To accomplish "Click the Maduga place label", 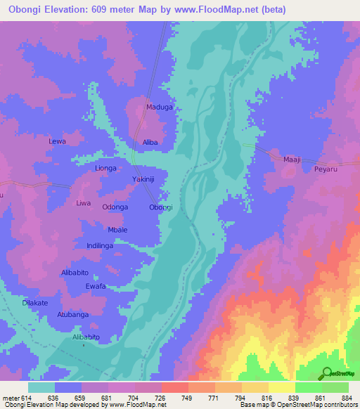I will click(x=159, y=108).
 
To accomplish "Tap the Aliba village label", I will click(x=150, y=142).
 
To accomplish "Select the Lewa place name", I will click(x=57, y=141).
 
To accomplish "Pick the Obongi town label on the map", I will click(x=161, y=207).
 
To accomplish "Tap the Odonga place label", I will click(x=115, y=207).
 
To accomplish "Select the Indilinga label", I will click(x=100, y=245).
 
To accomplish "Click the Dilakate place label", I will click(x=35, y=302).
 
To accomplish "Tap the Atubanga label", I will click(x=73, y=314).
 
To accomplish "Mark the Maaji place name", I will click(x=292, y=160).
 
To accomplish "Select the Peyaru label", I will click(x=326, y=169).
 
